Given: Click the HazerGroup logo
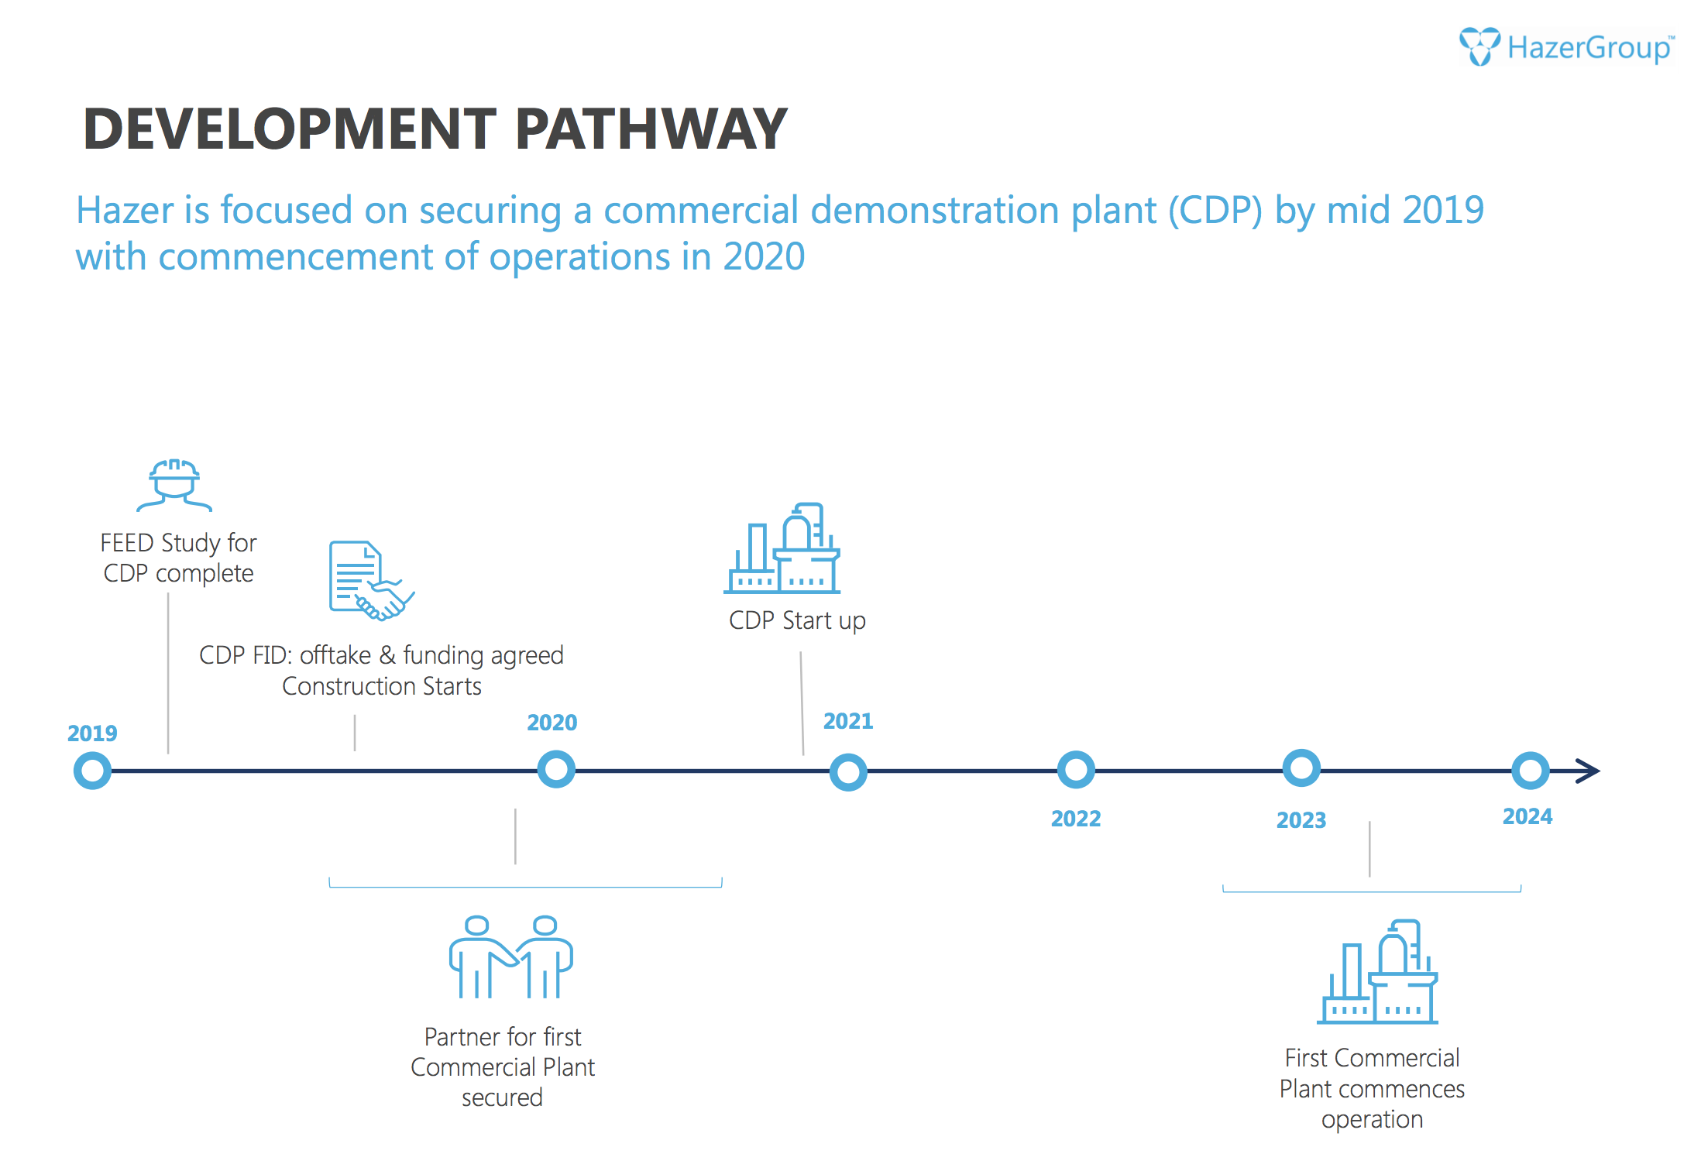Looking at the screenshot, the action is (x=1566, y=46).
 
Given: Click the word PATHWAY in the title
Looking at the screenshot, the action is (x=651, y=129).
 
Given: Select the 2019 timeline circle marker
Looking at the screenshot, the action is (x=92, y=771).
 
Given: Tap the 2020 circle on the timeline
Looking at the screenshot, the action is (x=556, y=770).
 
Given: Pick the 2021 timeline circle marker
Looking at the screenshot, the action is (x=848, y=772).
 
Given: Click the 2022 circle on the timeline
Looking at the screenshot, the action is (x=1076, y=770).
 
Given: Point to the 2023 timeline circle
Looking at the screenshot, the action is (x=1301, y=768).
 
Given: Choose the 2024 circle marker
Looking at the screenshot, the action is (x=1530, y=771).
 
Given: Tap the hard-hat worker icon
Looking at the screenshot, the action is (x=174, y=485).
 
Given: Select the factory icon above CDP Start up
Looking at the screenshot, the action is (x=782, y=548).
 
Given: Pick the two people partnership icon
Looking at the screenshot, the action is (x=511, y=957).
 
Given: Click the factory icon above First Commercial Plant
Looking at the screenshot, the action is (x=1377, y=972).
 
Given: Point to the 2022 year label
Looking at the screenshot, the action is (x=1076, y=819).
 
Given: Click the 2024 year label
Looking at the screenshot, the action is (x=1527, y=816).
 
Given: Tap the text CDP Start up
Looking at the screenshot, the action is (x=797, y=621).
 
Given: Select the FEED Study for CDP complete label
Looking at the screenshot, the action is (x=178, y=558).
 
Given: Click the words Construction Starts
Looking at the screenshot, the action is (x=382, y=686).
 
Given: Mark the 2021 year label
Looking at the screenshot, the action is (x=848, y=721).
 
